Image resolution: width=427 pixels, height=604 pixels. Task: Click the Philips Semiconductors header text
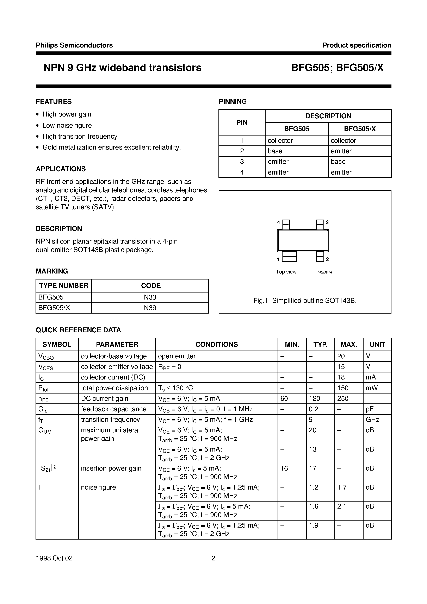74,45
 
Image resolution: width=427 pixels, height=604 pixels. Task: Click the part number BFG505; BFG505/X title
337,68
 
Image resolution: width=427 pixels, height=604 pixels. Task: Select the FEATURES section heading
54,102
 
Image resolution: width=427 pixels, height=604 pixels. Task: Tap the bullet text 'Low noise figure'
67,125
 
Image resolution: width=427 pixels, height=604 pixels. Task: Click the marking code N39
150,308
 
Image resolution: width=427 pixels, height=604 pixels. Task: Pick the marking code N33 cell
150,297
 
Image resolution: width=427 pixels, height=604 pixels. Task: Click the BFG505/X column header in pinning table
360,129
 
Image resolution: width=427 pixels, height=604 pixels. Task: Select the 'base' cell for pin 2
275,151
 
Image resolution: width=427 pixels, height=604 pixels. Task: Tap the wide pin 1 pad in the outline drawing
289,256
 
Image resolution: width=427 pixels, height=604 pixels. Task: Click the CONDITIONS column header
216,344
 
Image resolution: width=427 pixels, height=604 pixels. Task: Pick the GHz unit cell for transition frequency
372,420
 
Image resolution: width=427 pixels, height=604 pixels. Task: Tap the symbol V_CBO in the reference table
46,357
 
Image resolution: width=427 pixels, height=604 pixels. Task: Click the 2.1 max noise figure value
341,507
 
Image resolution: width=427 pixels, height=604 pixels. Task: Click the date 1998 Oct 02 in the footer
54,558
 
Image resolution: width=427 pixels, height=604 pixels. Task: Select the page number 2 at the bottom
213,558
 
